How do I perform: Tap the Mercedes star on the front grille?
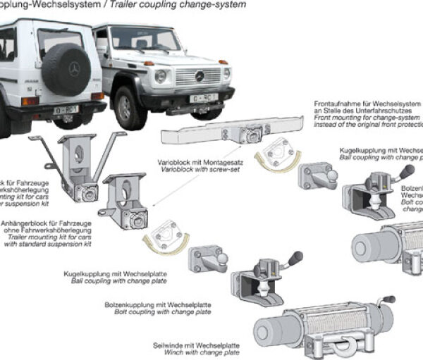(x=198, y=75)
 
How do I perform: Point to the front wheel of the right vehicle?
(x=128, y=108)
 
